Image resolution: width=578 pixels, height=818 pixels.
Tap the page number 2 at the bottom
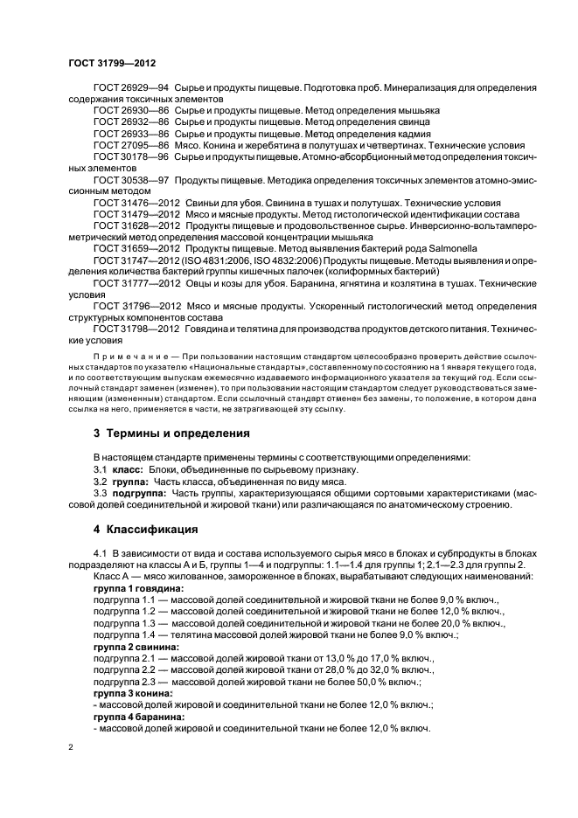click(71, 748)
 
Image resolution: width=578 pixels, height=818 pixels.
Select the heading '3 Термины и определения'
click(171, 433)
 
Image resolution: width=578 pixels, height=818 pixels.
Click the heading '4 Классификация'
click(145, 530)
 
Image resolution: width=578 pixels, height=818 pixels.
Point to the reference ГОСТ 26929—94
click(130, 89)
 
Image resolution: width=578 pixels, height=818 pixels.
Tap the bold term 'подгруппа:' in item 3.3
click(139, 493)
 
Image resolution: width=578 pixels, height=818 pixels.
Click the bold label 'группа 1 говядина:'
click(132, 590)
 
